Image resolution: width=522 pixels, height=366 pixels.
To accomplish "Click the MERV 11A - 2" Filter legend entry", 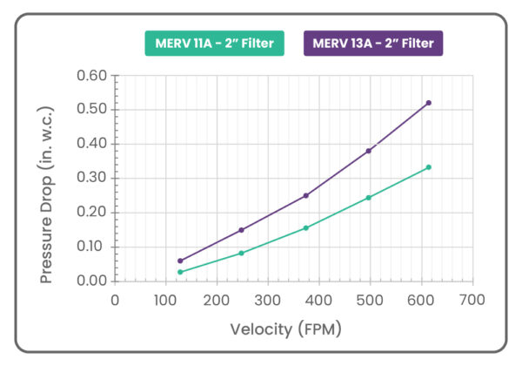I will [x=214, y=43].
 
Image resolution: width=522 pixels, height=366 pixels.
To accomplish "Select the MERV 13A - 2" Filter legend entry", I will [x=372, y=43].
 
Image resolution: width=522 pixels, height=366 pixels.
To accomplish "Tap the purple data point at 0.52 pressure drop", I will [x=428, y=103].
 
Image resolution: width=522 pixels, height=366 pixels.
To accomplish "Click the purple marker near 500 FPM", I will [x=369, y=151].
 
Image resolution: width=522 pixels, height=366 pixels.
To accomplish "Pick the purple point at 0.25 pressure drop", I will [x=305, y=195].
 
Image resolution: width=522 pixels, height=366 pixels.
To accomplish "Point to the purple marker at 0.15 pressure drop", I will [x=241, y=230].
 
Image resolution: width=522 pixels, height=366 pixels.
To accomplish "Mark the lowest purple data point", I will [x=180, y=261].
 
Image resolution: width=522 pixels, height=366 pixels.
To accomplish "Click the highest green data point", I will [x=428, y=167].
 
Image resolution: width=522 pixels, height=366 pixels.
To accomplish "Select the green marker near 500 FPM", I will [x=369, y=198].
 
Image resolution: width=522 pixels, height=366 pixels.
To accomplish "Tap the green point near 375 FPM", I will [x=305, y=228].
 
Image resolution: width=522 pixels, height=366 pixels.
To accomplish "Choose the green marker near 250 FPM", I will [x=241, y=254].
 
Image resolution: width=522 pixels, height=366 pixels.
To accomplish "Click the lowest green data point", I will [x=180, y=272].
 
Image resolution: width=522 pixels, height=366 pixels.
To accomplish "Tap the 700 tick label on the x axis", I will [x=472, y=300].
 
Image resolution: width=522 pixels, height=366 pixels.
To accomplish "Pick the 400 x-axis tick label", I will [x=319, y=300].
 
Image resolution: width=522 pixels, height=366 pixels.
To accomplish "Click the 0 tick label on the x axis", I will [x=116, y=300].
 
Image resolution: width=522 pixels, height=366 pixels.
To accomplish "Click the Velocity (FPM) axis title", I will [x=285, y=329].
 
